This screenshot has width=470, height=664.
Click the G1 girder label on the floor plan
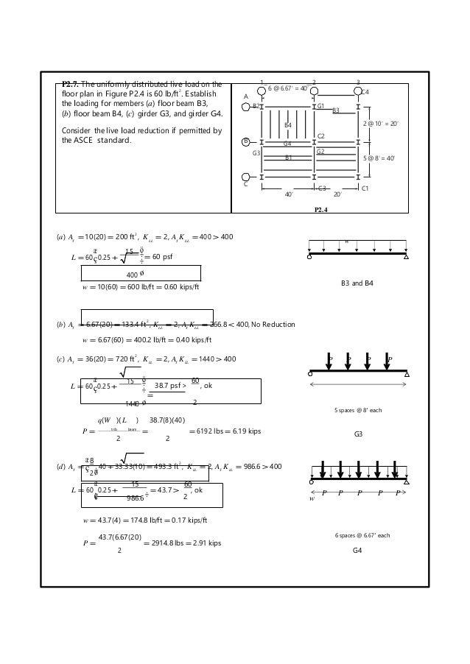[x=320, y=106]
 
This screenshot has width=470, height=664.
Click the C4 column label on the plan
[x=365, y=92]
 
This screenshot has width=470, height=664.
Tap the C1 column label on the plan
[x=365, y=189]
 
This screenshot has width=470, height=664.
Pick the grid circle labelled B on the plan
[x=246, y=141]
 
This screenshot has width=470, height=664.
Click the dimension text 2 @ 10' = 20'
[x=381, y=124]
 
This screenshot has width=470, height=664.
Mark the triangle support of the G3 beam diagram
[x=406, y=374]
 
